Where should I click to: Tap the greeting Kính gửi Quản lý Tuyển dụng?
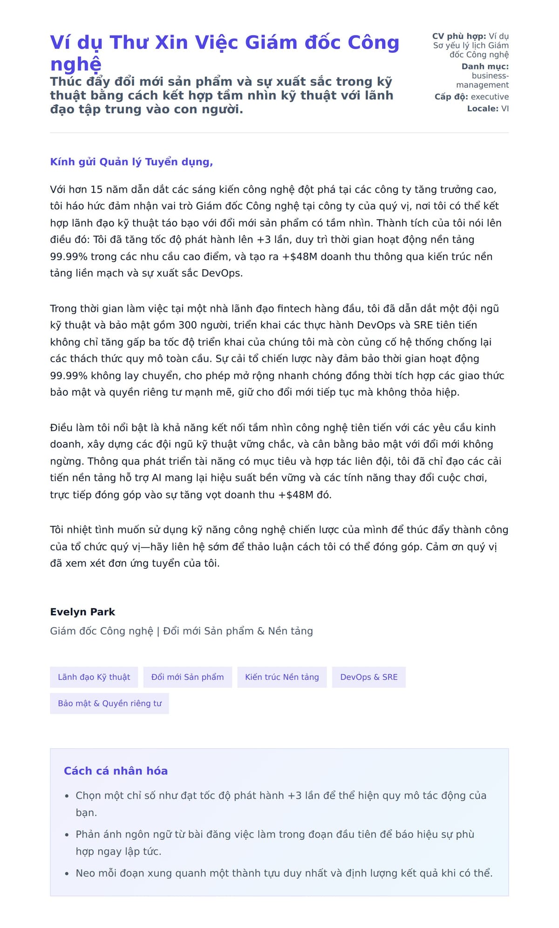(131, 162)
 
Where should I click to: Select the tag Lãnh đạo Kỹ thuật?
(94, 677)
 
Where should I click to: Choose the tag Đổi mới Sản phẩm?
(187, 677)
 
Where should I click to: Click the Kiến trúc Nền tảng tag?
(282, 677)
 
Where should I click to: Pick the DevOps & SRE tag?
(368, 677)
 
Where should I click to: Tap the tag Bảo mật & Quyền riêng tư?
(109, 703)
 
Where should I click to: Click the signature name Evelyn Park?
(82, 612)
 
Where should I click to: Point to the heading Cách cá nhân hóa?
(116, 771)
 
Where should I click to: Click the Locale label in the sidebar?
(483, 109)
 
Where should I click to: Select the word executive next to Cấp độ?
(490, 97)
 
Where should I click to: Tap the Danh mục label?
(485, 67)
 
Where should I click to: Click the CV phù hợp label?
(459, 36)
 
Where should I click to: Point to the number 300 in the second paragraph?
(188, 325)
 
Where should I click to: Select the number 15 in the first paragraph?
(96, 190)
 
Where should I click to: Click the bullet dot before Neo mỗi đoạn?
(67, 873)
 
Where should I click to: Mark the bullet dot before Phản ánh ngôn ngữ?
(67, 835)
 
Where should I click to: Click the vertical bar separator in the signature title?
(158, 631)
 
